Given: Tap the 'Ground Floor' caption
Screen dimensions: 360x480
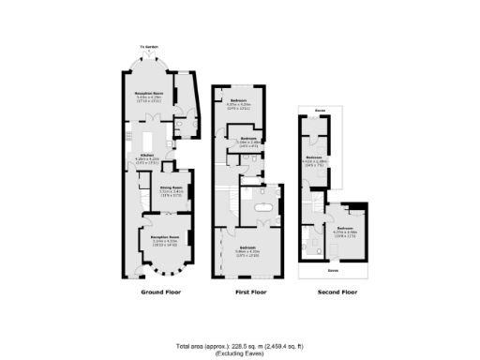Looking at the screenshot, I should tap(160, 292).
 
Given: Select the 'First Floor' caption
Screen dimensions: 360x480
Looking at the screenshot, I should tap(250, 292).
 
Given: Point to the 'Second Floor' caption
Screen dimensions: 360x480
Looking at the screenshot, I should tap(337, 292).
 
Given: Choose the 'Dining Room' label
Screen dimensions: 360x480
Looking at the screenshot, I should tap(171, 189).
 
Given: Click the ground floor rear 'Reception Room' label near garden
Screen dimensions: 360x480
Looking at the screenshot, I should tap(146, 95).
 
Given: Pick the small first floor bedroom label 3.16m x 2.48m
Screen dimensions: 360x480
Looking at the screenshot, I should tap(248, 142).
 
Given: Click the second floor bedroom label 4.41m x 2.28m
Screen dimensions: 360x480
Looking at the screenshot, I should tap(314, 160).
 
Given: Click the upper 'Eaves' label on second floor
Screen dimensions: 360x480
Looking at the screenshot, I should tap(320, 112).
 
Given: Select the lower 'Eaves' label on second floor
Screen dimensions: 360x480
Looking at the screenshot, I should tap(334, 270).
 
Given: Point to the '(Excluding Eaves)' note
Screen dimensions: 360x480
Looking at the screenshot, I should tap(240, 352).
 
